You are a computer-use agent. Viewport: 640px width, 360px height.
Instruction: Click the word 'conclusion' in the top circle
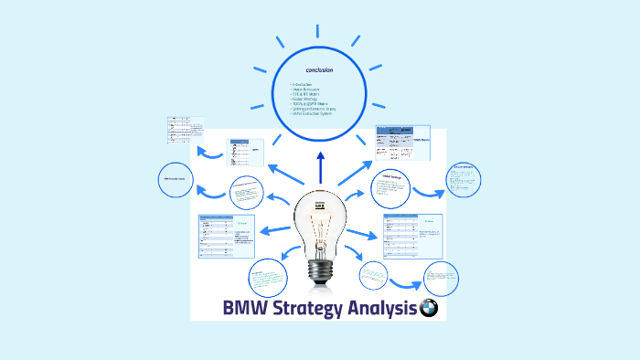coord(319,69)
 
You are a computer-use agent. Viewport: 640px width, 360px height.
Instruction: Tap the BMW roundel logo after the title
coord(428,309)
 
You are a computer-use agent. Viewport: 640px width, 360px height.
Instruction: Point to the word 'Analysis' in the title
coord(382,309)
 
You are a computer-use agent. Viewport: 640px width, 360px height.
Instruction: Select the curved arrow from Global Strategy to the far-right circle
coord(427,193)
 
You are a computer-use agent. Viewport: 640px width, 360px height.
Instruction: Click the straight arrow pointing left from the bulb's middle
coord(274,229)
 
